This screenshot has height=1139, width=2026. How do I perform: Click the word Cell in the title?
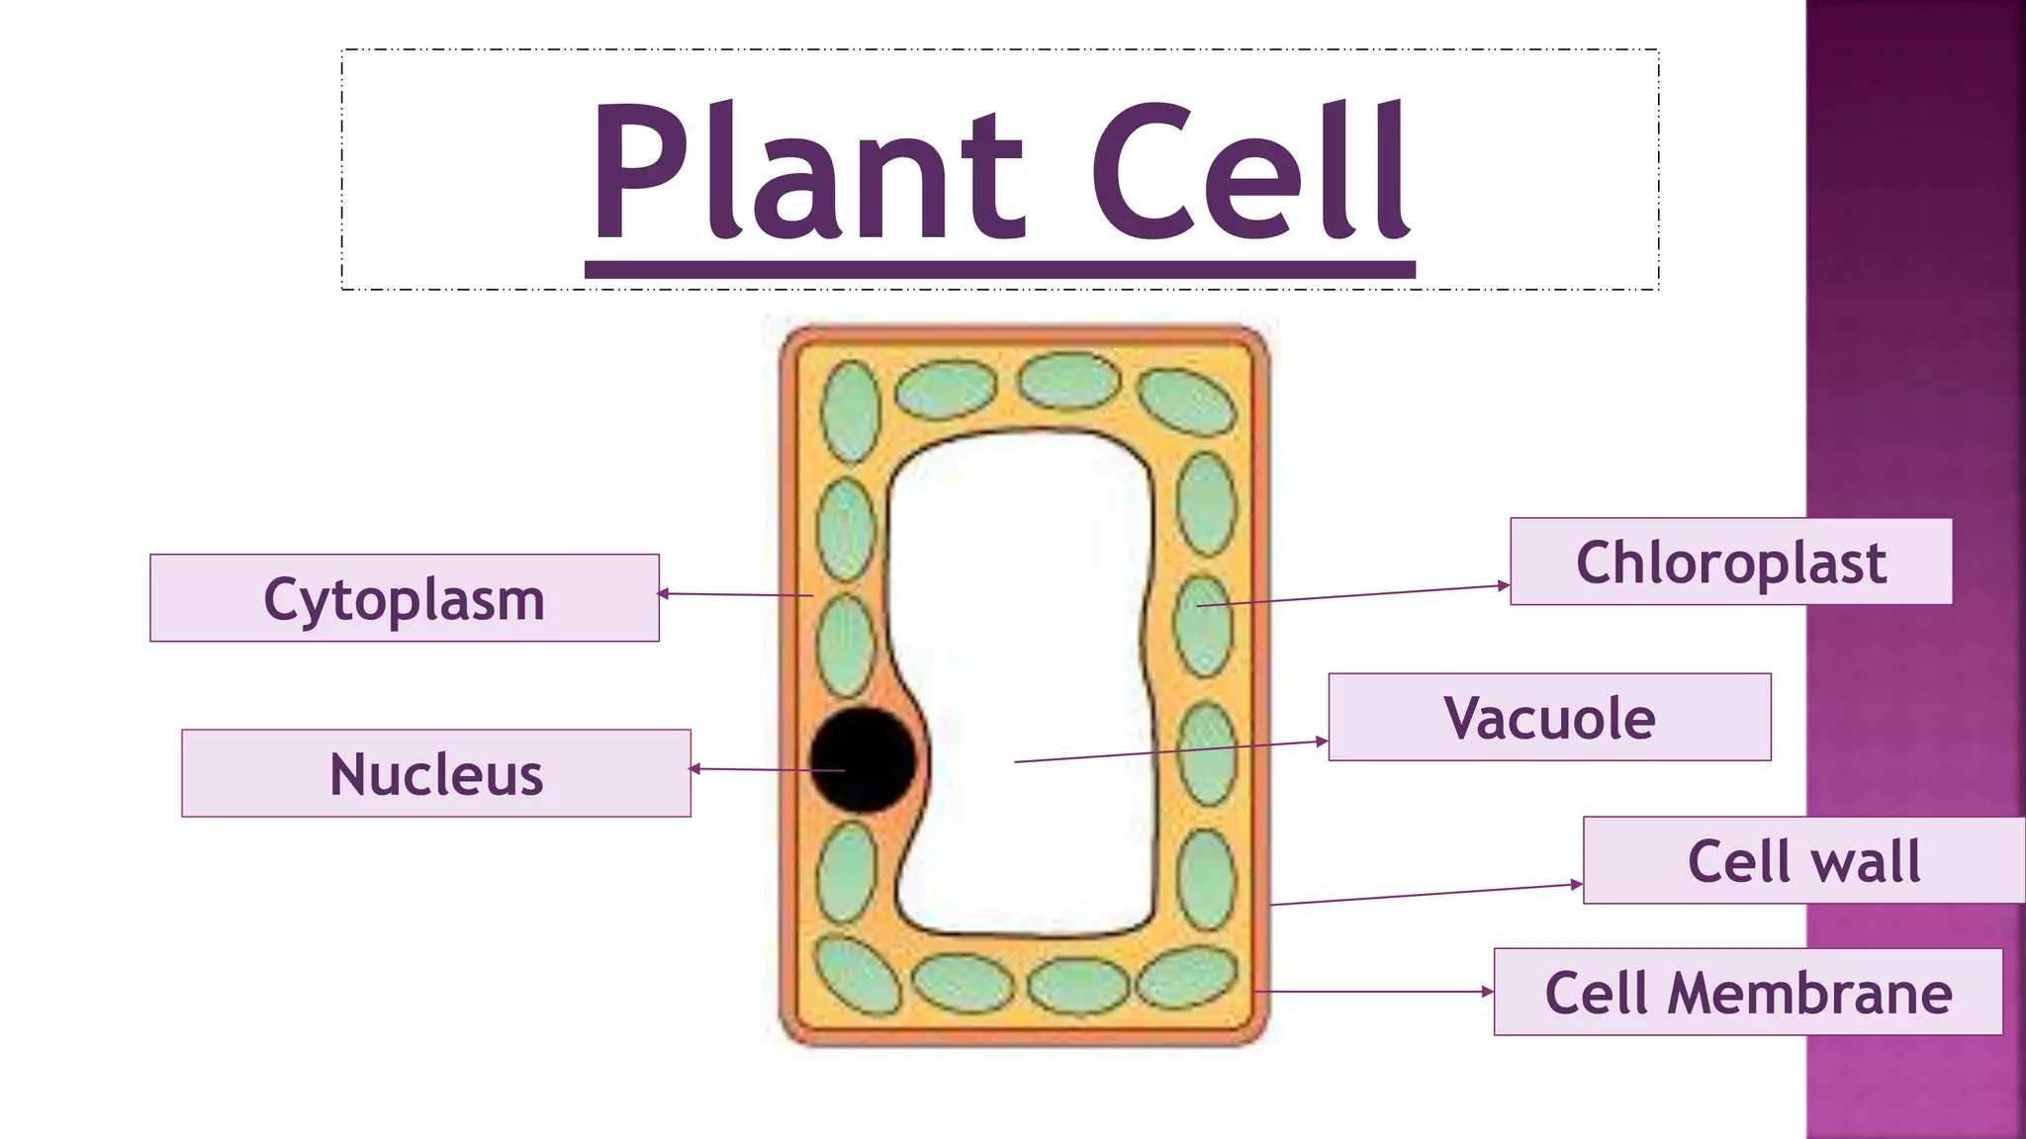[x=1251, y=173]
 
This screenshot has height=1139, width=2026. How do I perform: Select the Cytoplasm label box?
[x=404, y=598]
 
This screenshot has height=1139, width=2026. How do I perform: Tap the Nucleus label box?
[x=435, y=773]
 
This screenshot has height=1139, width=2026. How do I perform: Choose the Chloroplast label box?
[x=1730, y=562]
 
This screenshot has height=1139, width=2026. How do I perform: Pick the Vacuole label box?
[x=1549, y=717]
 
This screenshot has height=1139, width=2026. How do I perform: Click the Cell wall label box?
[x=1803, y=860]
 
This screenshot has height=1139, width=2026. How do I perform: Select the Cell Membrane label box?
[x=1748, y=992]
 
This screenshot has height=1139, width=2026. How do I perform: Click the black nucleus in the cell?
[x=863, y=759]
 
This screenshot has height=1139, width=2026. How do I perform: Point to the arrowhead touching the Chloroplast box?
[x=1504, y=585]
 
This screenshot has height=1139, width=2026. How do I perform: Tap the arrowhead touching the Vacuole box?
[x=1322, y=741]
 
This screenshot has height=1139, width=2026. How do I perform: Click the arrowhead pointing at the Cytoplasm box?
[x=664, y=593]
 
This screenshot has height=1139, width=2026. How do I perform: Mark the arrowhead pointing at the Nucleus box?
[x=695, y=768]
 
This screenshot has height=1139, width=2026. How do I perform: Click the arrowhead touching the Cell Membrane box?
[x=1487, y=991]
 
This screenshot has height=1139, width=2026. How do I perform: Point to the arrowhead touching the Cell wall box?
[x=1577, y=884]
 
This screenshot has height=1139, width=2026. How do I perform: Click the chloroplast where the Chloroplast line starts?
[x=1203, y=626]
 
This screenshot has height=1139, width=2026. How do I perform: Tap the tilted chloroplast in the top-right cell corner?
[x=1185, y=400]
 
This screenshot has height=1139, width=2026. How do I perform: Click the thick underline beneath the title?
[x=999, y=270]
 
